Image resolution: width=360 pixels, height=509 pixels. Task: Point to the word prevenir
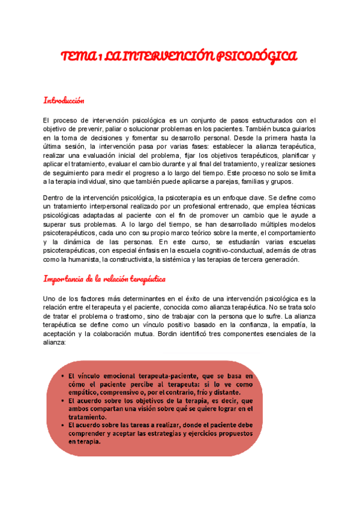point(85,128)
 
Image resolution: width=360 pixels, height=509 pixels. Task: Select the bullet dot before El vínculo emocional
point(64,375)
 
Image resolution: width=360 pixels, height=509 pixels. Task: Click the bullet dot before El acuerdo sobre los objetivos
point(64,399)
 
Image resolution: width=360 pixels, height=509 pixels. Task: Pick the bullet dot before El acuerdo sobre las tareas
point(64,424)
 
